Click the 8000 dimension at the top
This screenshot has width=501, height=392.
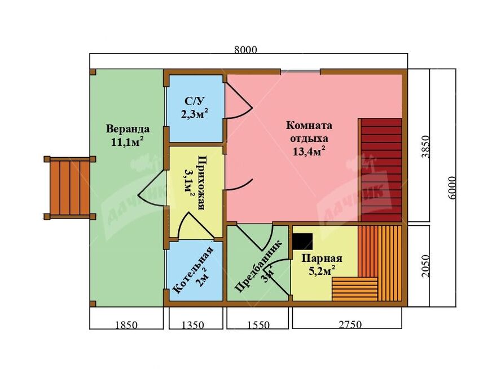point(246,50)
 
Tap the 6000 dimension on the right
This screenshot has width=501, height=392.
point(452,188)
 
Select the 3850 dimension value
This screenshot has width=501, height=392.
point(426,147)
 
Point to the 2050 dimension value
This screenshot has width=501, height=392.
point(426,266)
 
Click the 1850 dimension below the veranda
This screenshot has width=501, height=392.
point(126,325)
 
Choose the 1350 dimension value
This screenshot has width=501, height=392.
point(192,325)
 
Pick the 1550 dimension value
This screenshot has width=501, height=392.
point(258,325)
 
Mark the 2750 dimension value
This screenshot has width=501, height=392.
point(350,324)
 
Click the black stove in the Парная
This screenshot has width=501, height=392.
point(302,242)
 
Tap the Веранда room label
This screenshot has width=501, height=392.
point(128,129)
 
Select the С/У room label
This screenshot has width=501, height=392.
point(194,101)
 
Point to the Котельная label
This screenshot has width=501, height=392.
point(193,270)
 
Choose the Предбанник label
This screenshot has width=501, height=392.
point(258,266)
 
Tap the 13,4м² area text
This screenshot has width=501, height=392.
point(309,151)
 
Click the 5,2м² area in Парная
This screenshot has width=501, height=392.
point(322,271)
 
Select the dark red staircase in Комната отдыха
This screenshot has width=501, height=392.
point(380,170)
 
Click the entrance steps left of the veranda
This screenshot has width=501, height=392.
point(69,188)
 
